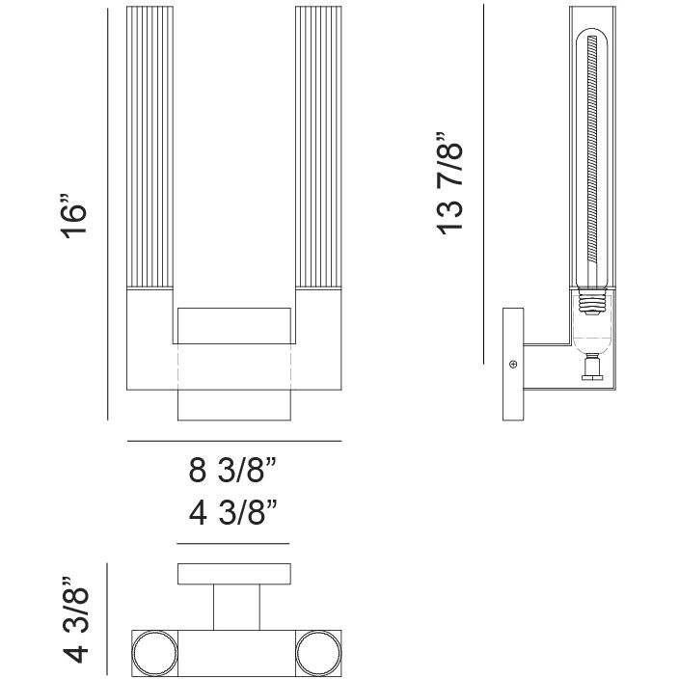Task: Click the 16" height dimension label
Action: pyautogui.click(x=73, y=216)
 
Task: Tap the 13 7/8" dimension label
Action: pyautogui.click(x=449, y=183)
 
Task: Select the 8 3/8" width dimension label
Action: pyautogui.click(x=232, y=470)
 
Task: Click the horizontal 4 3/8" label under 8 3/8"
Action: pyautogui.click(x=232, y=512)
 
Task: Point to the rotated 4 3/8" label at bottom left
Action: pyautogui.click(x=75, y=619)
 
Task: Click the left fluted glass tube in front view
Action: pyautogui.click(x=149, y=148)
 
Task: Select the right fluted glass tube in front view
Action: pyautogui.click(x=318, y=148)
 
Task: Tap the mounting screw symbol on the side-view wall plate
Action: pyautogui.click(x=513, y=364)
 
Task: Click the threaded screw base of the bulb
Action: pyautogui.click(x=592, y=302)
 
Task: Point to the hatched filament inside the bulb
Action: pyautogui.click(x=592, y=149)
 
